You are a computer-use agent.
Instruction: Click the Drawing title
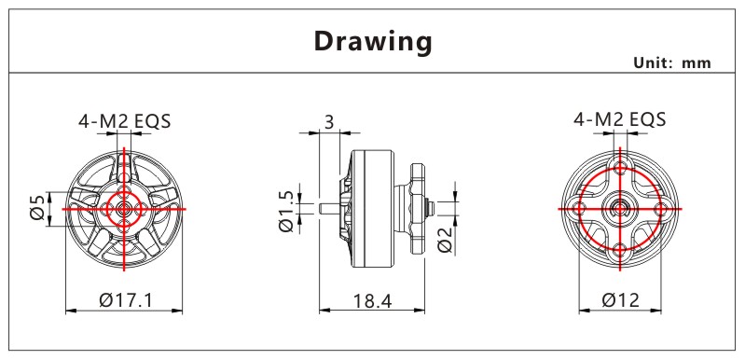pos(374,42)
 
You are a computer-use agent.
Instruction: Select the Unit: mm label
pos(672,62)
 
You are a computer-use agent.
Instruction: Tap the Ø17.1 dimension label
pos(126,300)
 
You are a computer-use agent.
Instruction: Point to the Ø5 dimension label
pos(38,208)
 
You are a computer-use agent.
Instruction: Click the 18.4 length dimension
pos(373,300)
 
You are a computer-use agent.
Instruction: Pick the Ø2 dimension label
pos(445,240)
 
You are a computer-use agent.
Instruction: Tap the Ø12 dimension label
pos(620,300)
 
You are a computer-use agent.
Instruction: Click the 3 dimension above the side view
pos(329,121)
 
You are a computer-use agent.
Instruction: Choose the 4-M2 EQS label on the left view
pos(125,121)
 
